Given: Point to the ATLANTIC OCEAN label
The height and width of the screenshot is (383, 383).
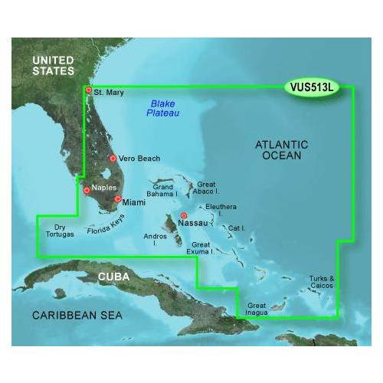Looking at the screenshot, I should tap(281, 149).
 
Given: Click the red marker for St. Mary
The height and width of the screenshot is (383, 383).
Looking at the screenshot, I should tap(89, 90).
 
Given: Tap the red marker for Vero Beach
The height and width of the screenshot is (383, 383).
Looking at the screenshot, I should tap(113, 159).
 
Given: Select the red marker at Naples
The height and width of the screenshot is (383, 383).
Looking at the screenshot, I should tap(87, 190).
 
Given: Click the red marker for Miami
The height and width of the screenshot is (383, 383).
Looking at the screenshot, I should tap(117, 199).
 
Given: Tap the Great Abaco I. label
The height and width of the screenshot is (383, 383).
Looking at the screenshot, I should tap(207, 188).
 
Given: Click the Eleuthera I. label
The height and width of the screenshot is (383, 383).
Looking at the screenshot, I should tap(222, 210).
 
